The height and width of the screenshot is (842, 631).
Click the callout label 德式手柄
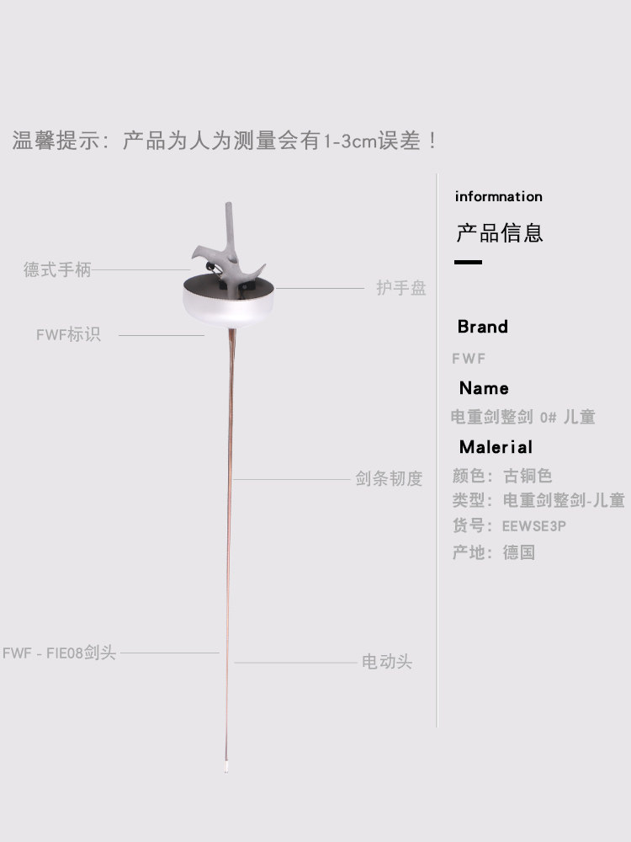(57, 270)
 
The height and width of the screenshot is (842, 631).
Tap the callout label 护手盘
(401, 288)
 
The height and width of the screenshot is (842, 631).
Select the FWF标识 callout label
(68, 334)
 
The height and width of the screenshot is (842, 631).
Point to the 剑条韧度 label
(389, 479)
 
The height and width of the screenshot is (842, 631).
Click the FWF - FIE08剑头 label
(59, 653)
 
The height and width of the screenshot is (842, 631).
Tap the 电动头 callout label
(387, 662)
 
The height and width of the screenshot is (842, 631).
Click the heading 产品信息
(500, 232)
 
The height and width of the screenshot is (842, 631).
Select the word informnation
(499, 196)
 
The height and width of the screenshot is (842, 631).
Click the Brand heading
(483, 327)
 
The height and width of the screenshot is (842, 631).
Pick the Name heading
(484, 388)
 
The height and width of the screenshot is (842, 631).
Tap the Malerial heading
(496, 447)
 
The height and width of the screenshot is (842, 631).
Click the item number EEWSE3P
(534, 526)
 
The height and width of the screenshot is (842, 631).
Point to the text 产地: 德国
(494, 553)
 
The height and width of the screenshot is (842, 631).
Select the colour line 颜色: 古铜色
(502, 476)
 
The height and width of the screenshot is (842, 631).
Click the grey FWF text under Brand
(469, 359)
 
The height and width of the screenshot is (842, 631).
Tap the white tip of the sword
(226, 767)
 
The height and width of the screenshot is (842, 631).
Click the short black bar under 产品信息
(469, 263)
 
